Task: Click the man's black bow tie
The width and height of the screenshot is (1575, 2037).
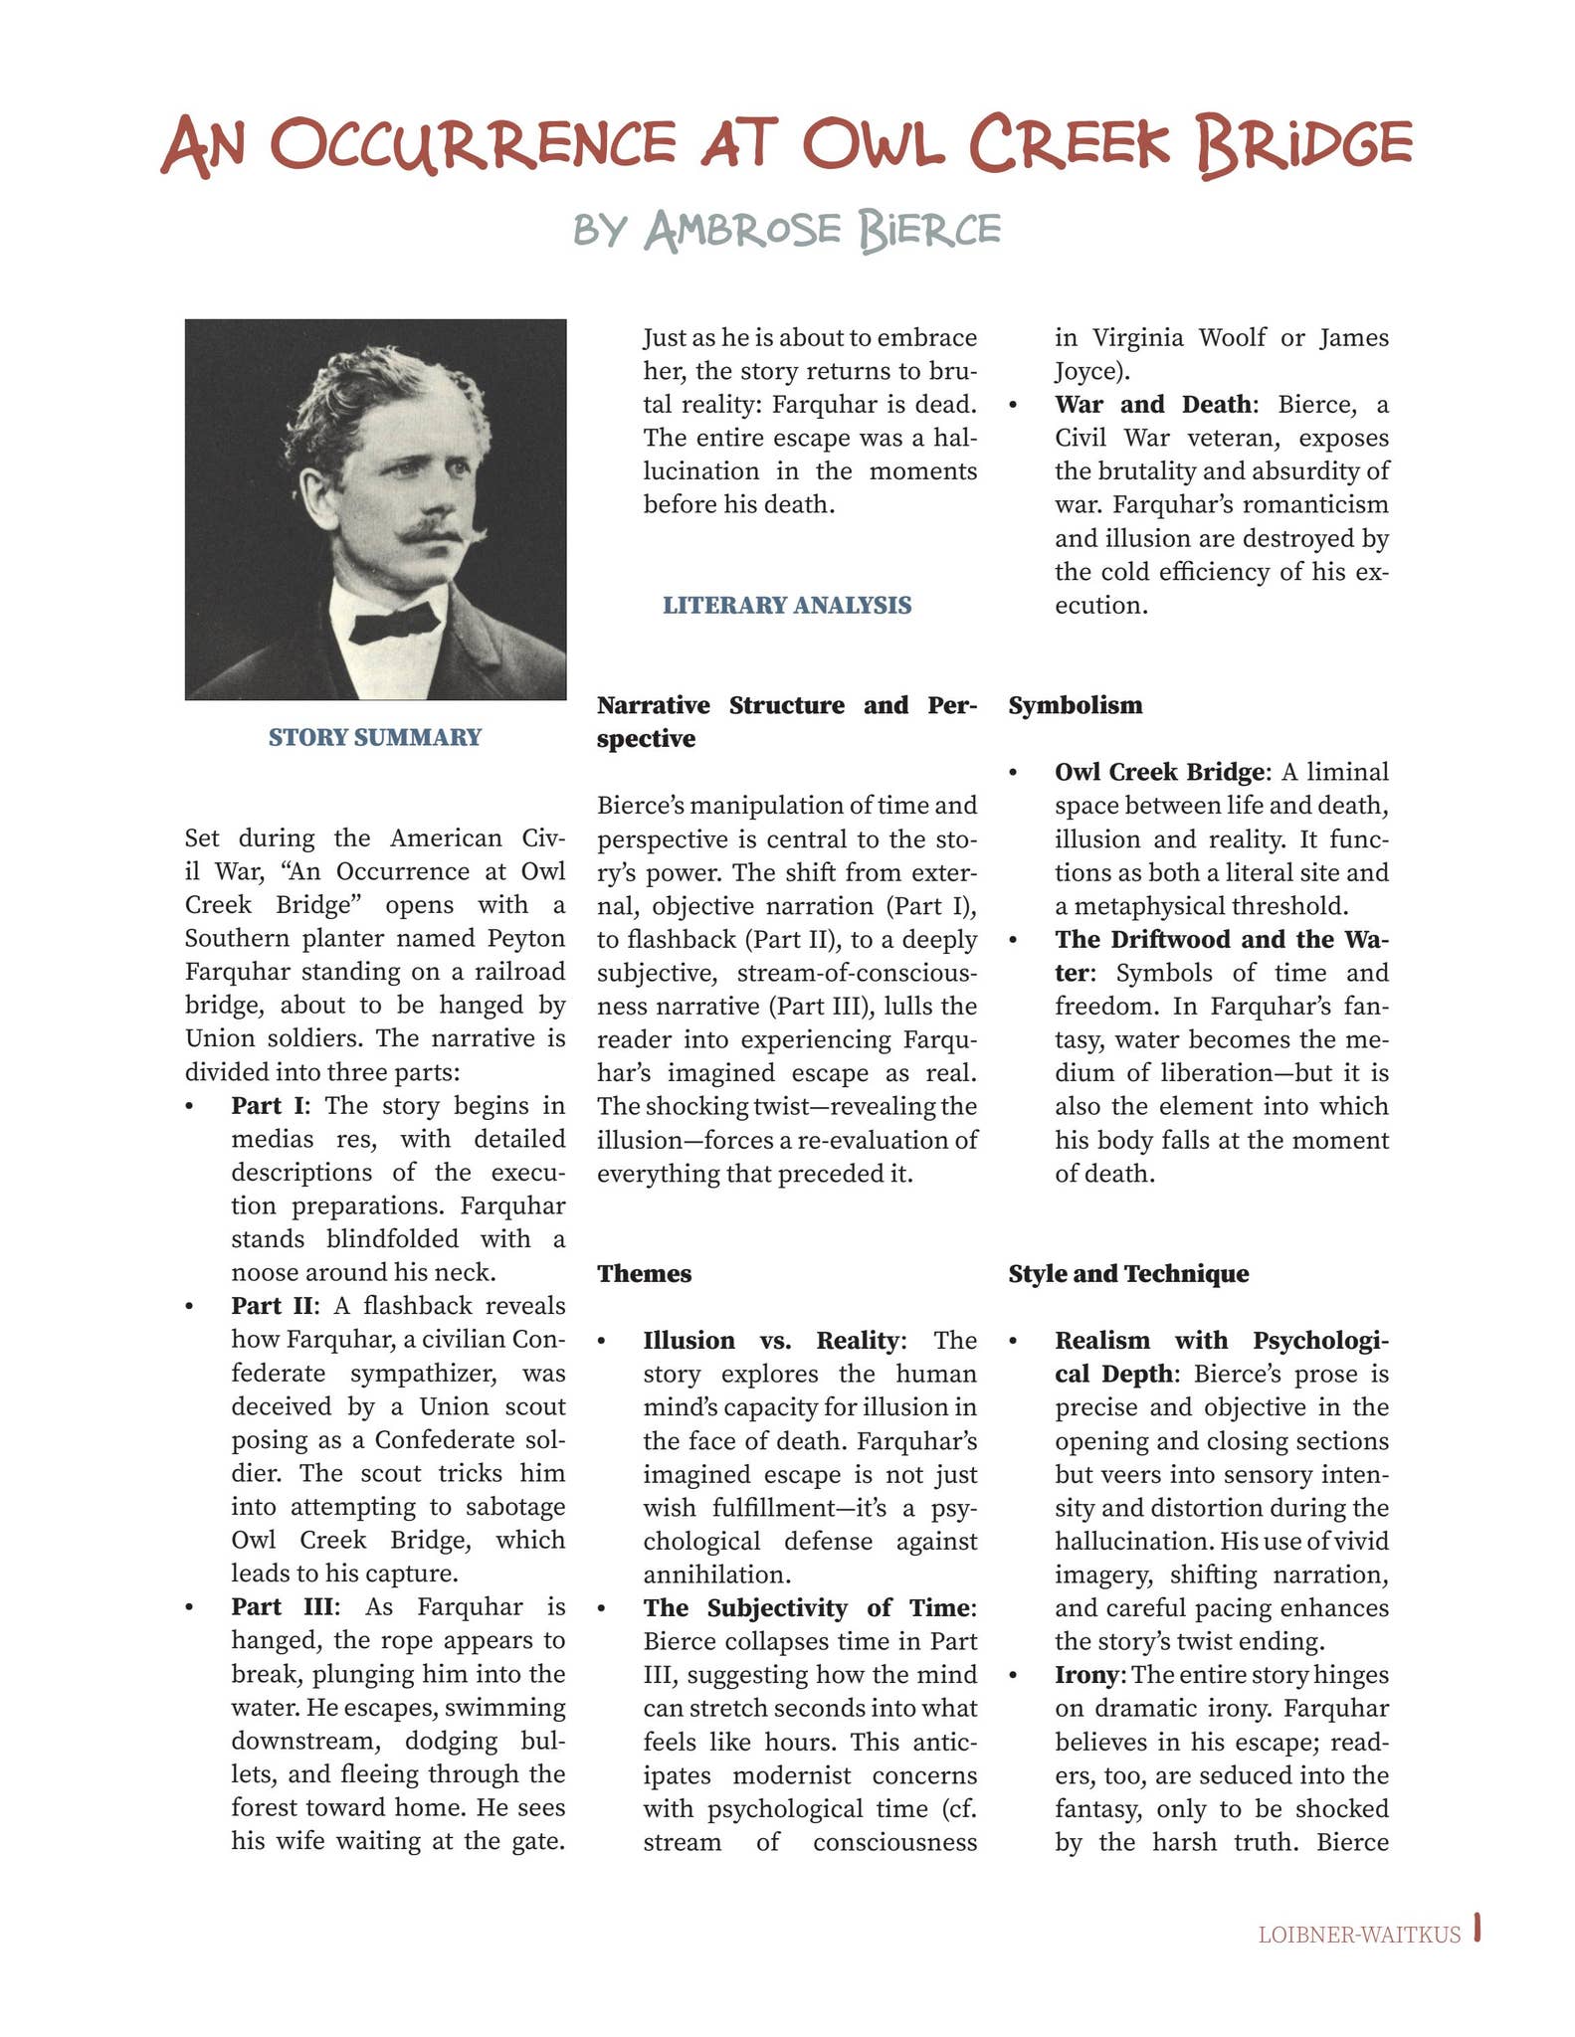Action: pyautogui.click(x=395, y=624)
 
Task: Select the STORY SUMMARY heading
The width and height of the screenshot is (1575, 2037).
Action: pyautogui.click(x=375, y=737)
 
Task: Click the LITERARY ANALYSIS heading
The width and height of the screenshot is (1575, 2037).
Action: pyautogui.click(x=787, y=605)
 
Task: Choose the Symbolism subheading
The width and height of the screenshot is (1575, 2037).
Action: pyautogui.click(x=1075, y=705)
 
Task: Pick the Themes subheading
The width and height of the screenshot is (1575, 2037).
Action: pyautogui.click(x=644, y=1273)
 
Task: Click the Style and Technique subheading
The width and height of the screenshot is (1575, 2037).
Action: pyautogui.click(x=1128, y=1273)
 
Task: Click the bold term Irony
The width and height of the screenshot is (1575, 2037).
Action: pyautogui.click(x=1086, y=1674)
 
